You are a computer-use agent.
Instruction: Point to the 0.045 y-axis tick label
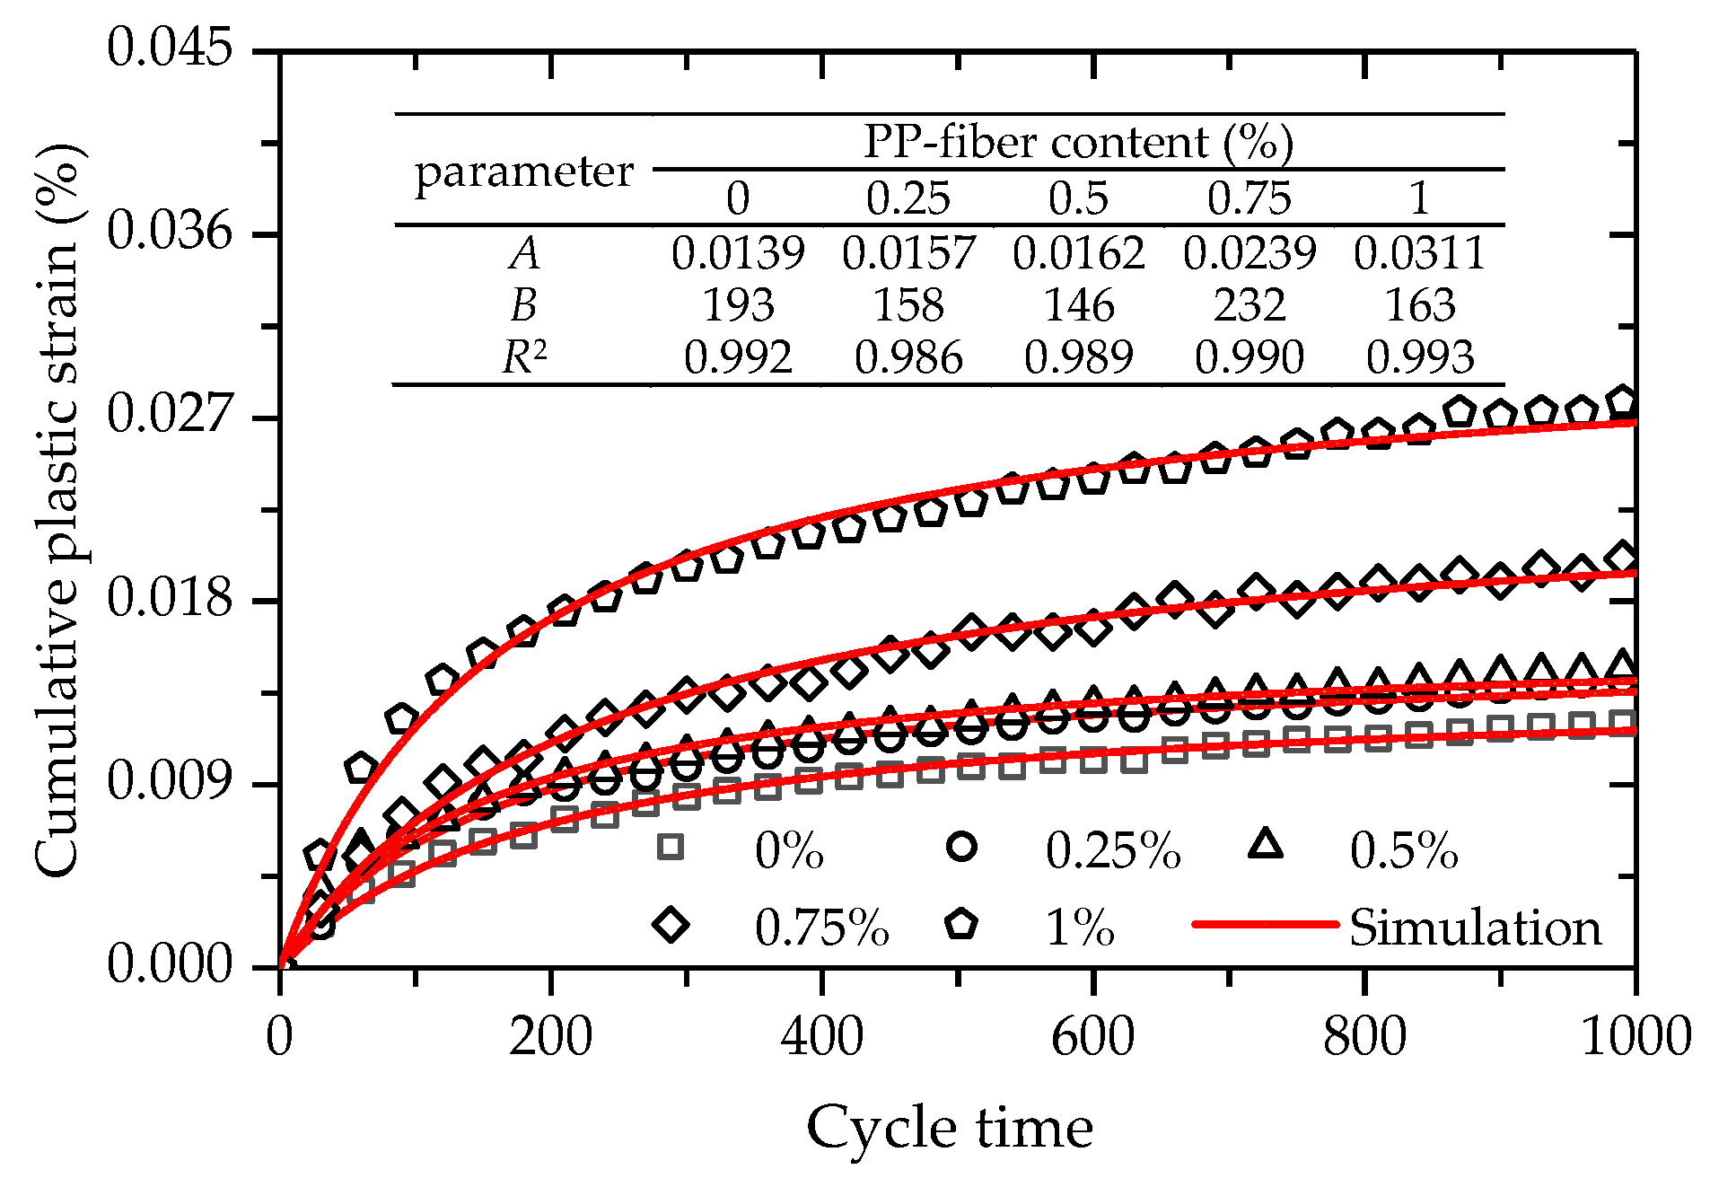(x=169, y=48)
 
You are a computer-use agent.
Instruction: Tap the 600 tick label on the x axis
(x=1092, y=1037)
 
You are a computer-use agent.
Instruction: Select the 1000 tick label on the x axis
(x=1635, y=1037)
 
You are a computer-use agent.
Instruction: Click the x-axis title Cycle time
(x=949, y=1128)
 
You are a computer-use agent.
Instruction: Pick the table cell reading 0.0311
(x=1419, y=253)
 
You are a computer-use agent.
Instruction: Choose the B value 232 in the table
(x=1249, y=305)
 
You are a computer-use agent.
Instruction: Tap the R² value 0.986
(x=908, y=358)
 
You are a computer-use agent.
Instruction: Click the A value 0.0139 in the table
(x=738, y=253)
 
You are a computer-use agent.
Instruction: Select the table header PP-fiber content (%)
(x=1078, y=142)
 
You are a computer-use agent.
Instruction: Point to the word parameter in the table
(x=523, y=171)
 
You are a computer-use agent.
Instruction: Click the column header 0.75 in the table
(x=1249, y=198)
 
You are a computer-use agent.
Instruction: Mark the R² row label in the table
(x=523, y=358)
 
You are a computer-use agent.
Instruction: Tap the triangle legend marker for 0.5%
(x=1266, y=845)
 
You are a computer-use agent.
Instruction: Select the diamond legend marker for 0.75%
(x=671, y=924)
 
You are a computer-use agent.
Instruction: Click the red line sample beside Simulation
(x=1265, y=924)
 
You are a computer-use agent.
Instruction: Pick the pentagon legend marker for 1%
(x=961, y=924)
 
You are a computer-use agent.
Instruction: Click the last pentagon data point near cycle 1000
(x=1622, y=401)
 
